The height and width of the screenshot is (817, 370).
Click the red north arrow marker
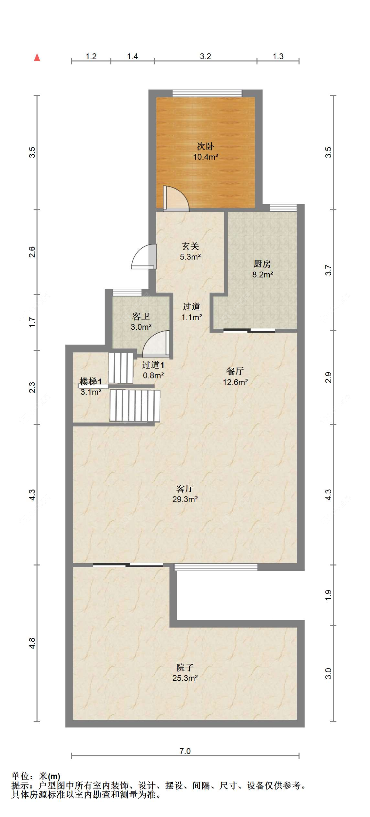[x=37, y=58]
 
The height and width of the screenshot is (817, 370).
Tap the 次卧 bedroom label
[x=205, y=146]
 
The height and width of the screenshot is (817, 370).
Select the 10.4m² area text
[x=205, y=157]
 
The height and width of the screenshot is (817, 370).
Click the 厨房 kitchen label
[x=262, y=264]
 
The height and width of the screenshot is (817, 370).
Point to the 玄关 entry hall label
[x=190, y=246]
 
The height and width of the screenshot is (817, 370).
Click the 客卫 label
[x=141, y=316]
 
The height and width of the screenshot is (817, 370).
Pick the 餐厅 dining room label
[x=235, y=371]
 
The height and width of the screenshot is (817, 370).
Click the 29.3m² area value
[x=185, y=499]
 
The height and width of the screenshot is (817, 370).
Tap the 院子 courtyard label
[x=185, y=667]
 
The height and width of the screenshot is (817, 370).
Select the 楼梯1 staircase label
[x=90, y=381]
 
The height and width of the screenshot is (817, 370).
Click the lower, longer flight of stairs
[x=135, y=405]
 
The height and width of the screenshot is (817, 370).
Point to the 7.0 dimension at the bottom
[x=185, y=751]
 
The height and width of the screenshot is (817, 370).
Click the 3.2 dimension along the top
[x=205, y=56]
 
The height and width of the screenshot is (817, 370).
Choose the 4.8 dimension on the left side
[x=32, y=643]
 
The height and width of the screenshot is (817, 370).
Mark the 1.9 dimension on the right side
[x=328, y=595]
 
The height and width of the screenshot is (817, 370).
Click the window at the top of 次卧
[x=207, y=93]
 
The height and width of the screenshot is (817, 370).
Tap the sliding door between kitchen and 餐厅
[x=249, y=330]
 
